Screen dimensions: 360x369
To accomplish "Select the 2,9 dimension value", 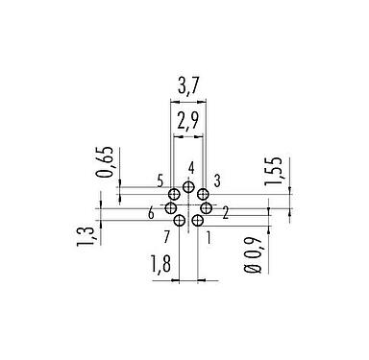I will pyautogui.click(x=187, y=121).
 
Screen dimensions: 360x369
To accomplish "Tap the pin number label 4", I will pyautogui.click(x=192, y=169).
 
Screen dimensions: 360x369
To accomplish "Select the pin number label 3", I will pyautogui.click(x=218, y=180).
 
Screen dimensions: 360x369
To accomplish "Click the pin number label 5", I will pyautogui.click(x=158, y=180).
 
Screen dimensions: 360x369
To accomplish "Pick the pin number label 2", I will pyautogui.click(x=224, y=212).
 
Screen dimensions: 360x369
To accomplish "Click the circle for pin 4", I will pyautogui.click(x=188, y=187).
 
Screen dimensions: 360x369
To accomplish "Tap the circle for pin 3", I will pyautogui.click(x=204, y=194).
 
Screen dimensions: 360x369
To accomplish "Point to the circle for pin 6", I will pyautogui.click(x=170, y=208).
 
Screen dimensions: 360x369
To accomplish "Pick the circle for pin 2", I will pyautogui.click(x=207, y=208).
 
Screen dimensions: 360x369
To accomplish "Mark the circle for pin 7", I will pyautogui.click(x=179, y=220).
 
